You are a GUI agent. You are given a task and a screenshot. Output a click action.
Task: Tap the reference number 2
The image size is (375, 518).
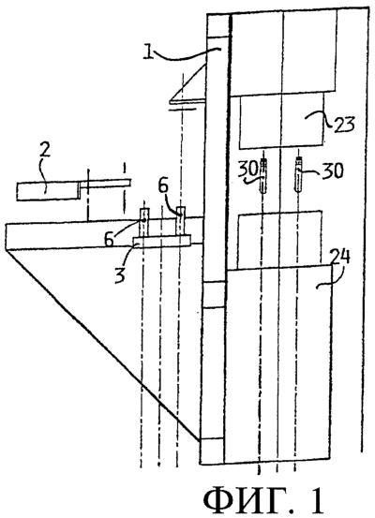45,152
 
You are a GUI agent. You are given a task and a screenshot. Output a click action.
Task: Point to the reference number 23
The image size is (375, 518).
344,125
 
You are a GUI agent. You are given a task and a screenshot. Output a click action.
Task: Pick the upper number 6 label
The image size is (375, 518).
164,189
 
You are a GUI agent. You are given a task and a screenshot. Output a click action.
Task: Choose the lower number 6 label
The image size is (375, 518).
110,239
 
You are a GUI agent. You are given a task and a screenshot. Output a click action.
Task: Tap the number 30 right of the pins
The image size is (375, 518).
332,170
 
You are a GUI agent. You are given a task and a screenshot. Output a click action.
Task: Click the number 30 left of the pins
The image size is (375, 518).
249,170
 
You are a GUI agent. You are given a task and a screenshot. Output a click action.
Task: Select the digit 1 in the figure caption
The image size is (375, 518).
317,501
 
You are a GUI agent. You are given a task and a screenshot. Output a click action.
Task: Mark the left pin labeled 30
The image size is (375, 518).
263,176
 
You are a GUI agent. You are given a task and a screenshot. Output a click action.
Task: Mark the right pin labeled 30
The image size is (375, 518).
299,174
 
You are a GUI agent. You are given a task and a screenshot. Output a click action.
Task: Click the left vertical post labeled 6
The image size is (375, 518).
144,222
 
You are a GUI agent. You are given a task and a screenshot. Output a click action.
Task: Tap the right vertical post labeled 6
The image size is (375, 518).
181,221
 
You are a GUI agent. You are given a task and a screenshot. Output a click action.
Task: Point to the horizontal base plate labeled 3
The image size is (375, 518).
162,241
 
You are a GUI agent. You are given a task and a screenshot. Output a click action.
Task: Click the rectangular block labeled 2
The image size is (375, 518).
48,190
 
